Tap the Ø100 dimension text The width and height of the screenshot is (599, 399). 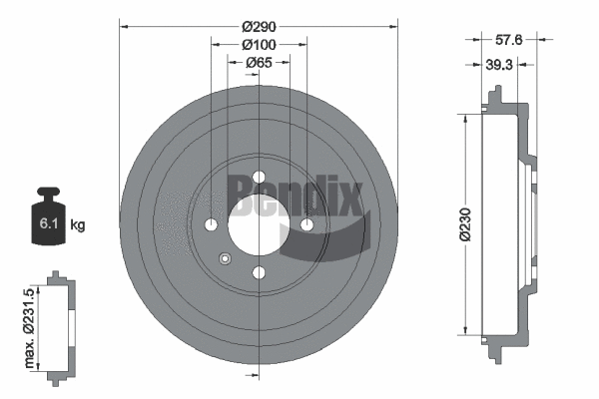259,44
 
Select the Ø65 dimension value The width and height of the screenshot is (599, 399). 259,63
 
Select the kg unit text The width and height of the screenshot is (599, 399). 78,226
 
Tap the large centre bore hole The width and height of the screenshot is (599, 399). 259,224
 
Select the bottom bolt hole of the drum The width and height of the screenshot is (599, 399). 259,272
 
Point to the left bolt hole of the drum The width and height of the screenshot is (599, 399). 212,224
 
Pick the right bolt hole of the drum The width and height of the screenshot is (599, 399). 306,224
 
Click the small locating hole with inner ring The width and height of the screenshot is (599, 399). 225,259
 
